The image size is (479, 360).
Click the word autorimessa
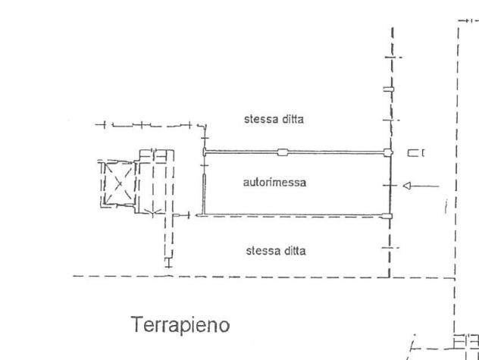(274, 183)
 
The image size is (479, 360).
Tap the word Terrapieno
(180, 324)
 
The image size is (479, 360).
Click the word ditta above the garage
(293, 119)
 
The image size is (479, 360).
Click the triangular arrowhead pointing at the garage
(406, 186)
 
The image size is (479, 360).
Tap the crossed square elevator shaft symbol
(120, 183)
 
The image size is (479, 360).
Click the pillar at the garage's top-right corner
(387, 152)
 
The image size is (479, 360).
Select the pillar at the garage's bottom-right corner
(387, 216)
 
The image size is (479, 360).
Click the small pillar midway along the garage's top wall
(283, 152)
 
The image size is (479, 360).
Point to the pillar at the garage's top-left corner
(205, 152)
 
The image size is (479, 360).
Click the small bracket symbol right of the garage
(416, 153)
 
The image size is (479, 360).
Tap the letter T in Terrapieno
(136, 324)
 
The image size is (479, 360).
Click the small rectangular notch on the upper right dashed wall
(389, 89)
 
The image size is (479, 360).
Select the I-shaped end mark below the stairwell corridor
(168, 263)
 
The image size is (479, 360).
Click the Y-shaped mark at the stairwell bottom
(152, 213)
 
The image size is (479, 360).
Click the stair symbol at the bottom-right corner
(466, 343)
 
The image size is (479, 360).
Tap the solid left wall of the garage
(205, 195)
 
